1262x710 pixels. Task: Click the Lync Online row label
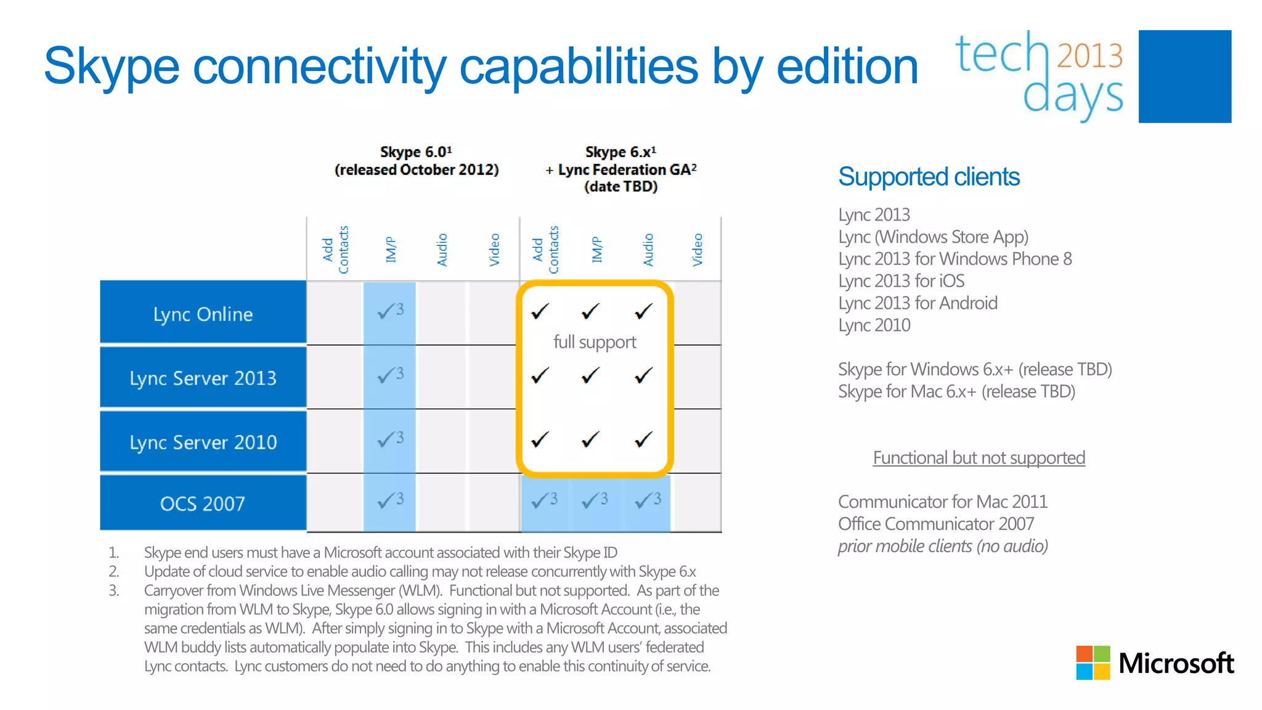point(203,314)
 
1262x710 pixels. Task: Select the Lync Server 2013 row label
point(203,378)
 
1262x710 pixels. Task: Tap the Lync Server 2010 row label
point(203,442)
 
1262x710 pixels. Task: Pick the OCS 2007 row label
point(203,504)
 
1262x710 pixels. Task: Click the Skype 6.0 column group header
point(417,161)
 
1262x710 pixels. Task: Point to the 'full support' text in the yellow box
point(595,342)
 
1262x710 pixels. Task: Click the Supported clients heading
point(929,177)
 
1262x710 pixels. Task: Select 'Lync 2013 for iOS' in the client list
point(901,281)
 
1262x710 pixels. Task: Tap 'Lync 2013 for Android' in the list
point(918,303)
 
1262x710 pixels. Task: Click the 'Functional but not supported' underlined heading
point(979,458)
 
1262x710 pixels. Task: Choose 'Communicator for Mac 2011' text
point(942,502)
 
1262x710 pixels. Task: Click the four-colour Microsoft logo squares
point(1093,663)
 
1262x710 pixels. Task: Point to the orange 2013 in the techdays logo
point(1089,55)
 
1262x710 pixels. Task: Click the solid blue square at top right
point(1184,76)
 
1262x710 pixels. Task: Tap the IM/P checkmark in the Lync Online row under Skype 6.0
point(389,311)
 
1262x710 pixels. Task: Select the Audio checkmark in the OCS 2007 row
point(647,500)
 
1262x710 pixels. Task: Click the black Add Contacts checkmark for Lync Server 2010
point(540,439)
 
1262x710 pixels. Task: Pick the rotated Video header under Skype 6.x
point(698,250)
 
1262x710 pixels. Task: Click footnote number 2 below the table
point(113,571)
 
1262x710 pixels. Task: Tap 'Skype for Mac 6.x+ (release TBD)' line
point(956,392)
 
